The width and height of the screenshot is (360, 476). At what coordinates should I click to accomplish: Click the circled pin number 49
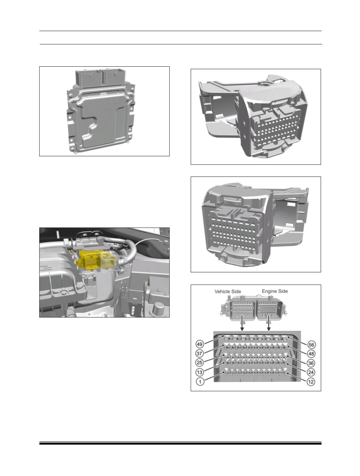200,344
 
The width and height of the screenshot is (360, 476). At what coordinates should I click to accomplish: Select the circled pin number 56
311,345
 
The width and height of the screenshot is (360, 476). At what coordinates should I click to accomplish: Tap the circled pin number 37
200,353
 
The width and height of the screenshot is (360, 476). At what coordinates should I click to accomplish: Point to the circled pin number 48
311,354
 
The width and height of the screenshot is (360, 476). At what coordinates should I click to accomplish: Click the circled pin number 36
311,363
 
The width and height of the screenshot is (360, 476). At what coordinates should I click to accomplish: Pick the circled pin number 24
311,372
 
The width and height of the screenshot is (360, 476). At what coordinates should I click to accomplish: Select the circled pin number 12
311,382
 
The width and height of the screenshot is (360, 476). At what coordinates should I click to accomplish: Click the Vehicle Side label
228,291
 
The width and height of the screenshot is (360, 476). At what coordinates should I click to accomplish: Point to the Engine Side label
275,291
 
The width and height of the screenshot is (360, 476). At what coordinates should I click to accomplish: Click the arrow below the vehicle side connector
242,323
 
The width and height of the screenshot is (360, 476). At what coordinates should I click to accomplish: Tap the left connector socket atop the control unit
88,77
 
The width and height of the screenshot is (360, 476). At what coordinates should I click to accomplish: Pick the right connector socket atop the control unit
112,77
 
